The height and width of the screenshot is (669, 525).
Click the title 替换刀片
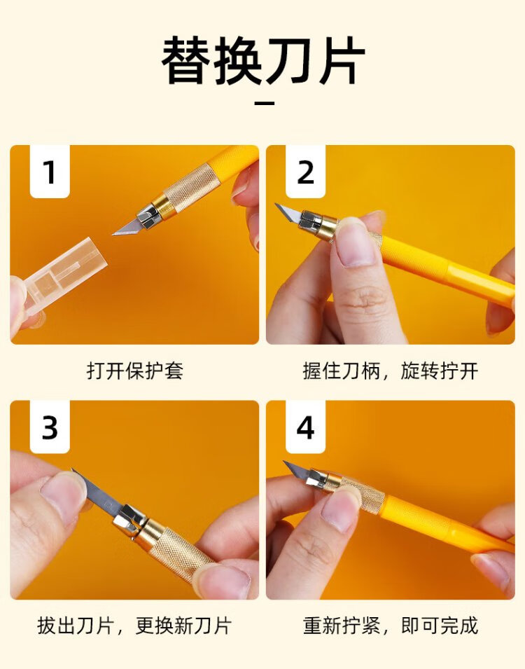pos(263,60)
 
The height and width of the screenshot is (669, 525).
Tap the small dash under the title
pos(264,103)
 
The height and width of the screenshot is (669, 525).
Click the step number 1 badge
pos(50,172)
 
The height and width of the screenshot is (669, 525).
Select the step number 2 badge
pos(305,172)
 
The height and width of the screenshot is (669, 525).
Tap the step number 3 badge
pos(50,427)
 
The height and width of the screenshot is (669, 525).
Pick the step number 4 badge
pos(305,427)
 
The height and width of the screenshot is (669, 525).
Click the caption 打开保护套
pos(135,371)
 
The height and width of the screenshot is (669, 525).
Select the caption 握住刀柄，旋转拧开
pos(390,371)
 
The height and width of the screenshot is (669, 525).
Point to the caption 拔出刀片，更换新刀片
pos(135,626)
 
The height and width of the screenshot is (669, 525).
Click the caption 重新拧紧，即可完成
pos(390,626)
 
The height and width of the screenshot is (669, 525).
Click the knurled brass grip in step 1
pos(192,187)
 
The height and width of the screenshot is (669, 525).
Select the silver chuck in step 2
pos(311,221)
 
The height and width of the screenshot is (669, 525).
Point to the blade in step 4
pos(297,471)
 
